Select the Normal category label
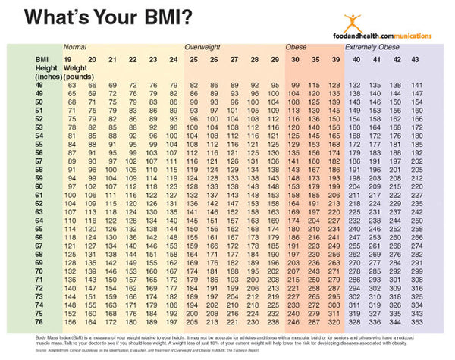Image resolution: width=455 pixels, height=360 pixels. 75,47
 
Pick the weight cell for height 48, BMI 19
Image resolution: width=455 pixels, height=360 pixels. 71,85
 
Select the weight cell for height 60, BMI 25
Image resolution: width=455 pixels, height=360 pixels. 194,186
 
